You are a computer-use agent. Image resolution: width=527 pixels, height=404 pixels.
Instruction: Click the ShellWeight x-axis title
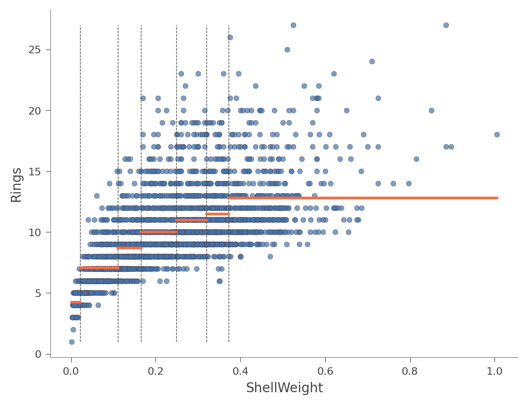point(284,388)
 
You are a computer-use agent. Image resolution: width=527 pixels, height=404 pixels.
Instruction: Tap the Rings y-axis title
point(16,185)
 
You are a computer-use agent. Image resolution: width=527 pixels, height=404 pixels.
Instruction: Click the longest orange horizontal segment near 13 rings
point(362,198)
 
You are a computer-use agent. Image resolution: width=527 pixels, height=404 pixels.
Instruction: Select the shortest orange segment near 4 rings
point(76,302)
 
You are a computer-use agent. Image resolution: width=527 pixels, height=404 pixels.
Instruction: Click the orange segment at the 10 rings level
point(159,232)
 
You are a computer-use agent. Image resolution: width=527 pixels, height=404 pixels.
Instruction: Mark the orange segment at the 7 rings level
point(99,268)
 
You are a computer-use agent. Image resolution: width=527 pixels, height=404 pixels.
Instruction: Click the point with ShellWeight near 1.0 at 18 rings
point(497,134)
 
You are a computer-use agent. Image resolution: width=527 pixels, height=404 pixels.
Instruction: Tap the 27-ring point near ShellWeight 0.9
point(446,25)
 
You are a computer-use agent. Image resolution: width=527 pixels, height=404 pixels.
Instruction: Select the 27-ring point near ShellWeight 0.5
point(293,25)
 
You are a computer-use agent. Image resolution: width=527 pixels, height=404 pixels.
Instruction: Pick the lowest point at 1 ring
point(72,342)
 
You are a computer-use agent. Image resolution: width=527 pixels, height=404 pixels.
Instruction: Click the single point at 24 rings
point(372,61)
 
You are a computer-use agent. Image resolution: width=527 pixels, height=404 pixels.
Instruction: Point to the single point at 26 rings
point(230,37)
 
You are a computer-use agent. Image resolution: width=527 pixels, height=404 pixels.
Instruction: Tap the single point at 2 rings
point(73,330)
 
